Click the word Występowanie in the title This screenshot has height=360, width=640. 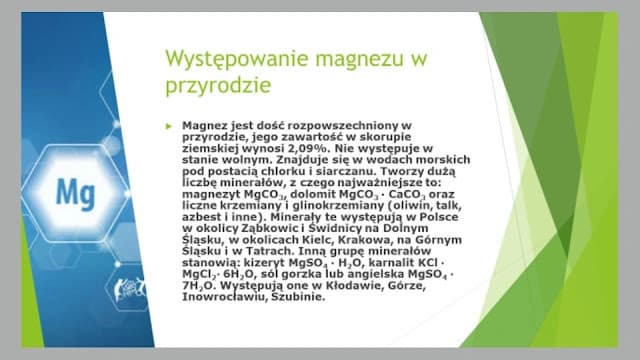[x=224, y=59]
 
